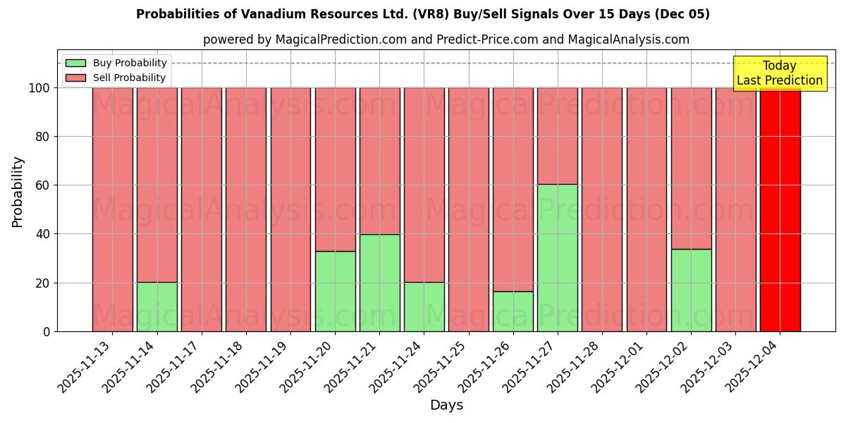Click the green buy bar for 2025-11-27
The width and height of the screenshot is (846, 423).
pos(558,257)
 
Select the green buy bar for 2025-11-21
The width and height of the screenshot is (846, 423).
pos(379,283)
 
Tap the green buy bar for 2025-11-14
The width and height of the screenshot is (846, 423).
pos(157,307)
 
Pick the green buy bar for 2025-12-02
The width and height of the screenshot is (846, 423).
pos(691,290)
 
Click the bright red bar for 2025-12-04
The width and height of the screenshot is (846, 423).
pos(780,209)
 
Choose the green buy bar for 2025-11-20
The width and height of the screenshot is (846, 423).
pos(335,291)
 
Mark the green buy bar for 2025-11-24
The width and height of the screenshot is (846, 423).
pos(424,307)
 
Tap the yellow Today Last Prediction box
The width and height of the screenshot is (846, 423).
pos(780,73)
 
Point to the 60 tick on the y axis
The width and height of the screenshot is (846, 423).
pos(43,185)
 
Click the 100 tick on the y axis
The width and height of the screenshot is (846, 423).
pos(39,88)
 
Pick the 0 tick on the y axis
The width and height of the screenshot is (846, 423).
pos(47,331)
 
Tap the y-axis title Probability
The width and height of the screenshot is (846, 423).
pos(18,192)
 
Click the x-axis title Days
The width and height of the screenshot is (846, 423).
pos(446,405)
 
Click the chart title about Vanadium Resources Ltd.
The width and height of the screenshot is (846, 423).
pos(423,14)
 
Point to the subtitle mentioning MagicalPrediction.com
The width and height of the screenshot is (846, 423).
pos(446,39)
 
